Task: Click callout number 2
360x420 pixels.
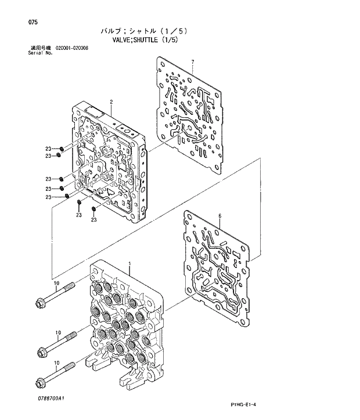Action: click(x=110, y=102)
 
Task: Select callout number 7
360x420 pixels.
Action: click(x=192, y=62)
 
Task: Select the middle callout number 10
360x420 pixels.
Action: click(x=57, y=333)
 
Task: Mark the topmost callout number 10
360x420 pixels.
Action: click(x=56, y=284)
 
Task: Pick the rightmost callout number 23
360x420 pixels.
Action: click(x=93, y=220)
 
